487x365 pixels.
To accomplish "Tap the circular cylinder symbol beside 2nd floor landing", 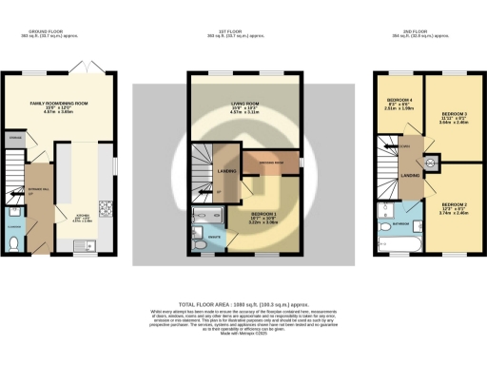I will point(431,162).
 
